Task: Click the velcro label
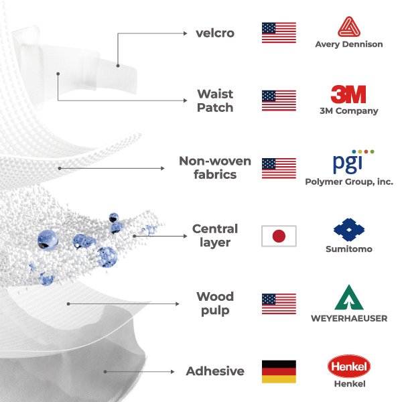(215, 33)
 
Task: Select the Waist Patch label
(215, 100)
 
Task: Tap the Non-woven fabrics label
(215, 167)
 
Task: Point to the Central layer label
(215, 235)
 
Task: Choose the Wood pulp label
(215, 303)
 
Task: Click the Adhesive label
(215, 371)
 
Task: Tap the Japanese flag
(279, 236)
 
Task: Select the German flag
(279, 371)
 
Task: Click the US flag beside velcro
(279, 33)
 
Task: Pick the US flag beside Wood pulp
(279, 304)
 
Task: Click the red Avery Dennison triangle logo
(348, 27)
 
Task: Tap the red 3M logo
(348, 94)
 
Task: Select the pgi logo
(348, 162)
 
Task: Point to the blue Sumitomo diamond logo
(348, 230)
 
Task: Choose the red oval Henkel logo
(348, 366)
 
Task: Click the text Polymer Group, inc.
(348, 182)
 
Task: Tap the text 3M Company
(348, 111)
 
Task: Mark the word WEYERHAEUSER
(348, 318)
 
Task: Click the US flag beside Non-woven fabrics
(279, 168)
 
